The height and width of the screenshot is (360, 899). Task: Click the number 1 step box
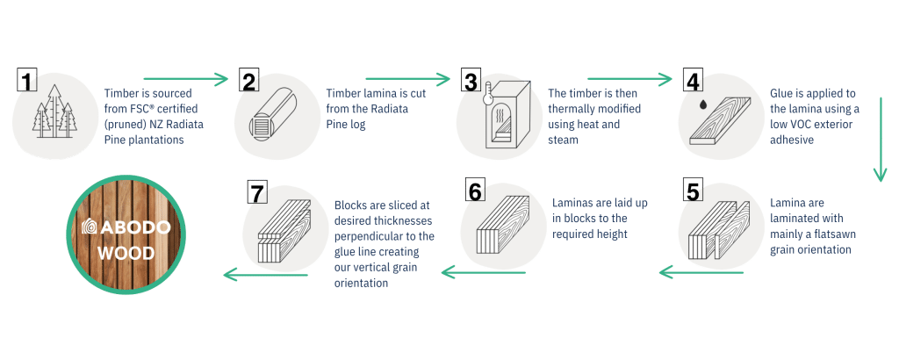(x=26, y=80)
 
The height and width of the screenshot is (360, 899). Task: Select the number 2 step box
(x=248, y=81)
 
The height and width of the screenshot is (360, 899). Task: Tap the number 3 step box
(x=471, y=81)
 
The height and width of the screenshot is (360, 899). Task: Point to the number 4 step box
(x=694, y=81)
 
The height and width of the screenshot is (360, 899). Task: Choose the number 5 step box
(x=694, y=191)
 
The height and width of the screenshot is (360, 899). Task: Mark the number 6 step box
(x=475, y=191)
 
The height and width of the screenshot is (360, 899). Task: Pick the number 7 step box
(x=257, y=192)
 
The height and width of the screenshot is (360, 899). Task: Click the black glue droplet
(x=702, y=106)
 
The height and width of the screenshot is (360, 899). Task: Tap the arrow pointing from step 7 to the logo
(x=265, y=275)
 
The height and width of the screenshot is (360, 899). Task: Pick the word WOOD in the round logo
(x=126, y=253)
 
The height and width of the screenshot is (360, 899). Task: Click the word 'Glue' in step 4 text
(x=780, y=93)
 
